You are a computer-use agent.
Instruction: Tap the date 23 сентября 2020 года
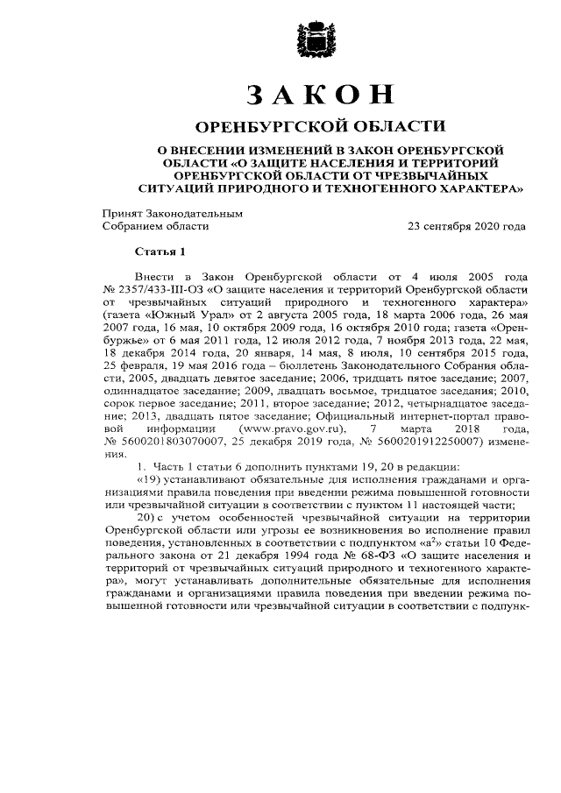467,226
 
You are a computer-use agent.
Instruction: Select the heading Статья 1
160,255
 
